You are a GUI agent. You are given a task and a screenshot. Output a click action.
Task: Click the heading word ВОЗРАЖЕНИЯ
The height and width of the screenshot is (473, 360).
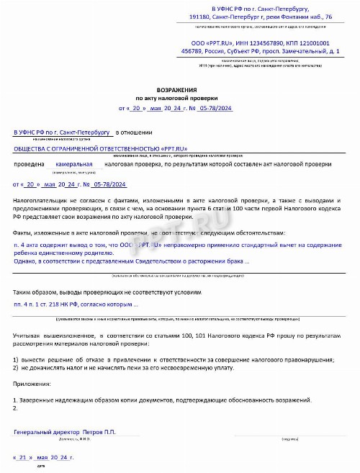pyautogui.click(x=181, y=89)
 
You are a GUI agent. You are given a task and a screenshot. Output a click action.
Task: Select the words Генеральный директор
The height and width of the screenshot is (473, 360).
pyautogui.click(x=43, y=432)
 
